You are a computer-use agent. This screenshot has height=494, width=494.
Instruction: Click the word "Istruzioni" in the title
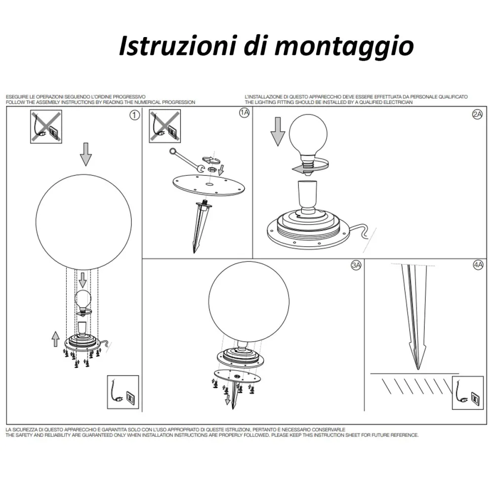pyautogui.click(x=177, y=45)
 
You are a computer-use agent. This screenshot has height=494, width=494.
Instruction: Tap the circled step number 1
pyautogui.click(x=134, y=115)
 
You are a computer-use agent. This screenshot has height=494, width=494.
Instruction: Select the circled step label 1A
pyautogui.click(x=245, y=113)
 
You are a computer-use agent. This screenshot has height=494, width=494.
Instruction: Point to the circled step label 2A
pyautogui.click(x=477, y=115)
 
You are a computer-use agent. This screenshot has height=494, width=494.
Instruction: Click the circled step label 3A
pyautogui.click(x=356, y=265)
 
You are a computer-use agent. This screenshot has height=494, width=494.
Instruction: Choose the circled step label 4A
pyautogui.click(x=478, y=265)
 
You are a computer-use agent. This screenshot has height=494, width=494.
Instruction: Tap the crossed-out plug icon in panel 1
pyautogui.click(x=46, y=126)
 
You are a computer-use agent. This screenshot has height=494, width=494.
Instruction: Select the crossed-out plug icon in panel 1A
pyautogui.click(x=165, y=126)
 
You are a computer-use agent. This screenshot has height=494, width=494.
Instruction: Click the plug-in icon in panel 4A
pyautogui.click(x=467, y=393)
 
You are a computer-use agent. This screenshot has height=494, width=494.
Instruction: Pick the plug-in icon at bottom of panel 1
pyautogui.click(x=123, y=392)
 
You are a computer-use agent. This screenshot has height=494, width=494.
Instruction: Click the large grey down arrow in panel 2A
pyautogui.click(x=278, y=132)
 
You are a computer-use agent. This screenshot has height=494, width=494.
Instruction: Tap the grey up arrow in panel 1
pyautogui.click(x=55, y=339)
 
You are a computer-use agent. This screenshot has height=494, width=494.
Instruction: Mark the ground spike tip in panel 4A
pyautogui.click(x=418, y=369)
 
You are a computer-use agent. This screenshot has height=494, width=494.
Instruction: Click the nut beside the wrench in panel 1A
pyautogui.click(x=212, y=169)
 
